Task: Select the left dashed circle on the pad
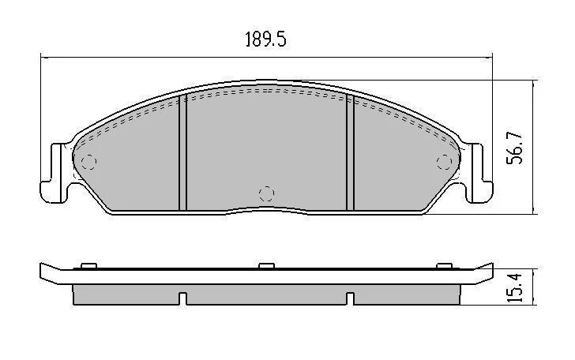(88, 162)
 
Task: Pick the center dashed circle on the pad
(266, 193)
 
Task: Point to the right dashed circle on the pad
(444, 162)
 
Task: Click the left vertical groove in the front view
(182, 152)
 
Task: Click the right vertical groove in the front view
(350, 152)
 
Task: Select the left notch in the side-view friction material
(182, 298)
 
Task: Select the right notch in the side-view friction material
(350, 298)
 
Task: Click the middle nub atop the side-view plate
(266, 265)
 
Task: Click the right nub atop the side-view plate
(443, 265)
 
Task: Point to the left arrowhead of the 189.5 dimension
(44, 56)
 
